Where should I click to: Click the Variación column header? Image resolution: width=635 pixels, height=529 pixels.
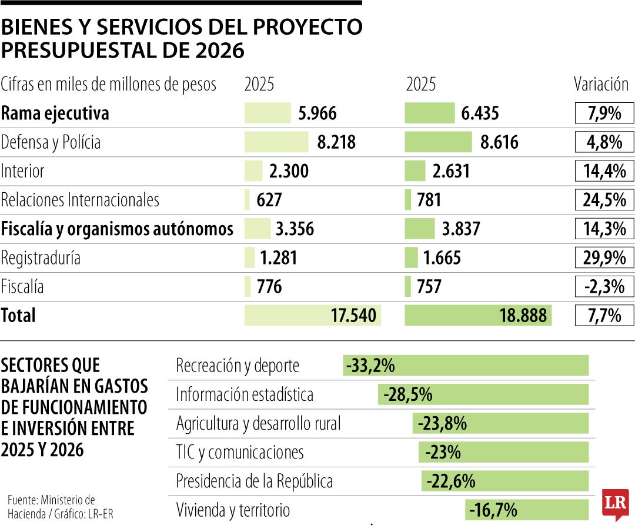(601, 84)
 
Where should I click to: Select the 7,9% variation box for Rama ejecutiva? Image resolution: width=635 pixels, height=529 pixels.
(604, 113)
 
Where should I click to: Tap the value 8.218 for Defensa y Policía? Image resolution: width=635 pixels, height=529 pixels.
(336, 142)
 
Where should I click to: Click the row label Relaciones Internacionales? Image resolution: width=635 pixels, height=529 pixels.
(80, 200)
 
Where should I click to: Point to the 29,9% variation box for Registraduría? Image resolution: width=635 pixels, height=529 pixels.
(604, 257)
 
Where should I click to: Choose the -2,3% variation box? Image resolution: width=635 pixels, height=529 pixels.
(604, 286)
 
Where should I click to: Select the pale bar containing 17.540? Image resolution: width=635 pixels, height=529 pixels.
(313, 316)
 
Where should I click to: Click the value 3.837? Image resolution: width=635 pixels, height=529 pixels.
(461, 229)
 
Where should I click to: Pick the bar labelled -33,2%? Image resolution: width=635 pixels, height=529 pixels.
(466, 366)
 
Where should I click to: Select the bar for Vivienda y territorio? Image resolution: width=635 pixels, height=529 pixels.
(527, 510)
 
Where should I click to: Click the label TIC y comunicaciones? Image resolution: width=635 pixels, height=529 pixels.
(240, 453)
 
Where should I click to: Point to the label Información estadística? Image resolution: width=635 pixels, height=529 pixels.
(245, 394)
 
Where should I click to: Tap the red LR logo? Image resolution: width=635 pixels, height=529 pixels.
(615, 504)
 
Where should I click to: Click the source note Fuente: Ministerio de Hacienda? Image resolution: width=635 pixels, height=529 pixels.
(52, 507)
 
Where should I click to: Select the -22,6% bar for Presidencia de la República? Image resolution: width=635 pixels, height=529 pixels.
(505, 481)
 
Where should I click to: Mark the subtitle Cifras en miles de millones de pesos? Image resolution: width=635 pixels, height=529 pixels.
(109, 85)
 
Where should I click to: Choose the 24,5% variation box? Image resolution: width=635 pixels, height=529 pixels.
(604, 200)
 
